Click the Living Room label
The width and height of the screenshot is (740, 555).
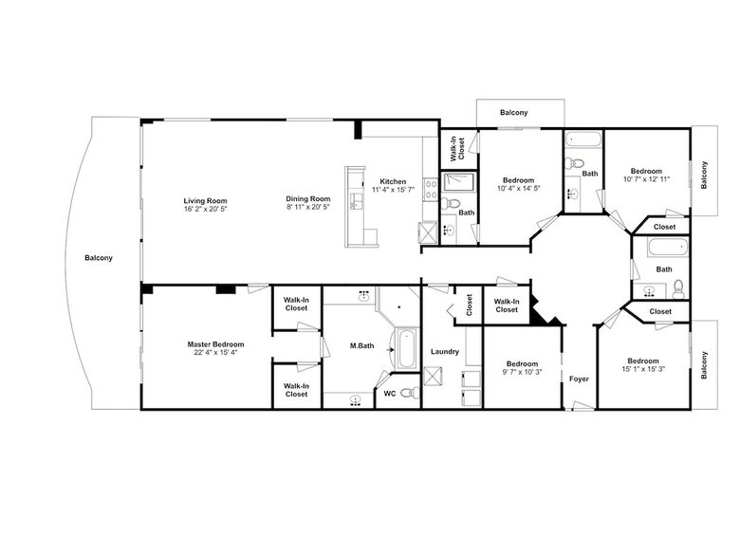[205, 200]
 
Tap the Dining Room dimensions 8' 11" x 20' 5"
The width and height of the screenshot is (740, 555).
[308, 207]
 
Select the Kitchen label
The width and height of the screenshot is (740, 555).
[393, 182]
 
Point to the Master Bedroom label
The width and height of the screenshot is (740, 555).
[215, 344]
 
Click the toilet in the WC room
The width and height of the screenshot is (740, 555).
[411, 392]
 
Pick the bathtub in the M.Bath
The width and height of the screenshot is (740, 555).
[406, 349]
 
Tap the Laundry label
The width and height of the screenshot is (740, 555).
[445, 352]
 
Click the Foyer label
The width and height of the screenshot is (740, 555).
[579, 379]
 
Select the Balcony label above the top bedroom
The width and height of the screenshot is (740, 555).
[514, 112]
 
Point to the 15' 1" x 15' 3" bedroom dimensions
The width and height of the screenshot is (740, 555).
[643, 369]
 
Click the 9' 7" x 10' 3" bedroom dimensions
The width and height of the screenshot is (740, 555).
[523, 371]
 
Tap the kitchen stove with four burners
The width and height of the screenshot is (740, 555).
[431, 190]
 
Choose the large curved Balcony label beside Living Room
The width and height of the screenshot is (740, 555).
[99, 258]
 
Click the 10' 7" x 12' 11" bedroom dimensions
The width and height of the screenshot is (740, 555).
[646, 179]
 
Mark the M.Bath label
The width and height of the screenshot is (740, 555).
[362, 346]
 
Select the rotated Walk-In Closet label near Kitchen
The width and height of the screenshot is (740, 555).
[457, 149]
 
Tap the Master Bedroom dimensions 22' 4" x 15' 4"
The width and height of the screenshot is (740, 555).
[215, 352]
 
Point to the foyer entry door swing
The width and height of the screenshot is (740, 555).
[583, 405]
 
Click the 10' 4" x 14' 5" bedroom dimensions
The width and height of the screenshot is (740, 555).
[519, 188]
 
